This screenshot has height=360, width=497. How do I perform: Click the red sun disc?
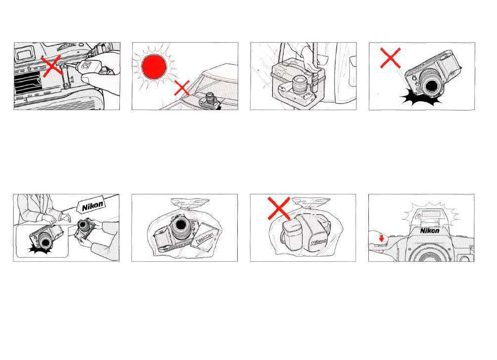click(x=154, y=66)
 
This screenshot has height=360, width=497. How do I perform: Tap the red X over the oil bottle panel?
click(x=51, y=66)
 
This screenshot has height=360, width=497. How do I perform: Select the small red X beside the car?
click(x=182, y=88)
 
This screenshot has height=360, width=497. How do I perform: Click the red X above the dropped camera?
click(x=390, y=58)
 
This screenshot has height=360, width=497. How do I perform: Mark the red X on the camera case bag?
click(x=279, y=208)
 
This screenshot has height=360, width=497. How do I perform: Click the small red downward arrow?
click(x=381, y=238)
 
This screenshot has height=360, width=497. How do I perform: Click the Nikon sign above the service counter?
click(x=92, y=206)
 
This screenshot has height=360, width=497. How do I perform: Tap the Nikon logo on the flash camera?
click(x=430, y=231)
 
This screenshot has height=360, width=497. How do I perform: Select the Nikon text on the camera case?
click(x=319, y=242)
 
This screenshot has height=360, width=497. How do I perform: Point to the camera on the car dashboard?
click(x=209, y=100)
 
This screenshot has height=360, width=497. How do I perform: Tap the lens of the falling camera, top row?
click(x=432, y=85)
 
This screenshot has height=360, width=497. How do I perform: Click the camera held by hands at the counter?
click(x=85, y=229)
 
